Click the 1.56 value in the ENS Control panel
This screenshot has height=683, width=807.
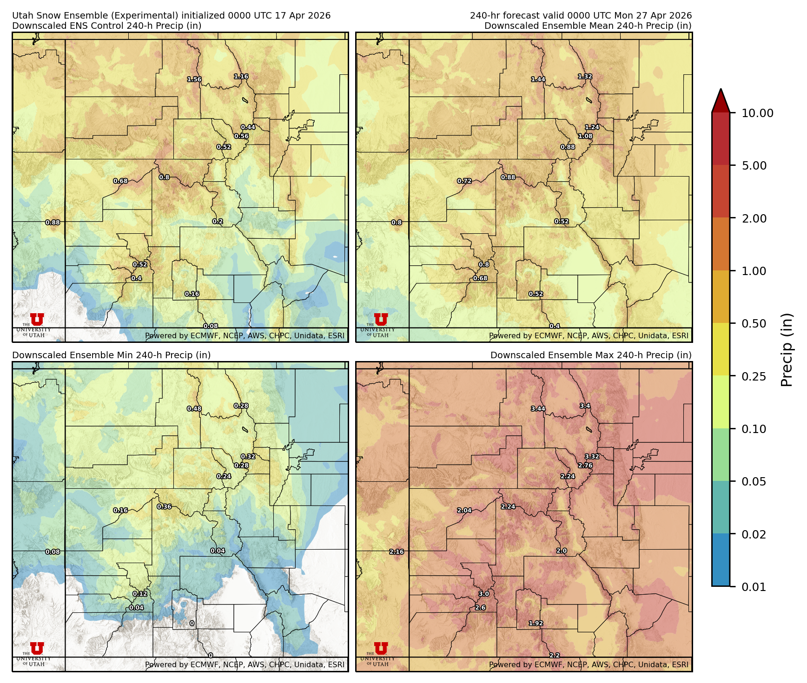(x=194, y=79)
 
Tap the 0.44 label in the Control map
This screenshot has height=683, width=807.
(x=248, y=127)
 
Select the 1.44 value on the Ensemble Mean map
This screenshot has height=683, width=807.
(x=538, y=79)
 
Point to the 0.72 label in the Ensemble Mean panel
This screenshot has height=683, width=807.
(x=464, y=181)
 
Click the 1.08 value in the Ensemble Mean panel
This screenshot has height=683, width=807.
(x=585, y=136)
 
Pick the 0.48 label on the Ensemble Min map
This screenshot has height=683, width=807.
(x=194, y=409)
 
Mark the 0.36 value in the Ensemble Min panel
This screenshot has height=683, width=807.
(x=164, y=506)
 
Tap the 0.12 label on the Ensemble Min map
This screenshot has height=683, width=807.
(x=140, y=594)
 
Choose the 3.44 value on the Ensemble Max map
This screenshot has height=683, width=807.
(x=538, y=409)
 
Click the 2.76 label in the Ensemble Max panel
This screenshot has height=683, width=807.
(x=585, y=466)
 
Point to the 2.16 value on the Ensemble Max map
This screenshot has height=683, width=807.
(x=397, y=552)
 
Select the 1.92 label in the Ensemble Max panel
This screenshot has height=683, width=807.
(x=536, y=624)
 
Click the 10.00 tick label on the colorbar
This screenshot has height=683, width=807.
(x=757, y=113)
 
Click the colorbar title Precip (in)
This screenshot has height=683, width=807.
(x=787, y=350)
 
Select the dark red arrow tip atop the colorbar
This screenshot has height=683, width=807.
(x=721, y=100)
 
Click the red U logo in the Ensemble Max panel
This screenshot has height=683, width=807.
(x=381, y=649)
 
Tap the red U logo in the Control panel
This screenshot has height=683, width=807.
(x=37, y=320)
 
